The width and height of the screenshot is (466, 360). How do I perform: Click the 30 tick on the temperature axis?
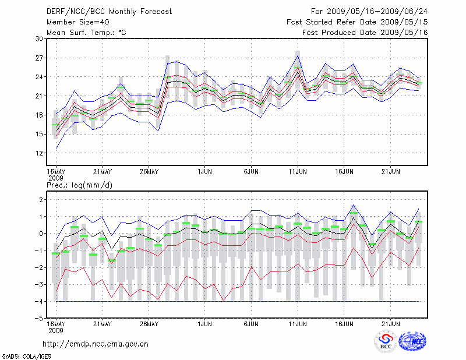click(40, 38)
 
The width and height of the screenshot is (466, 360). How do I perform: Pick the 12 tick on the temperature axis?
click(40, 153)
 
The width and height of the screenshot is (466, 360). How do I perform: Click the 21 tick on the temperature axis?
click(40, 96)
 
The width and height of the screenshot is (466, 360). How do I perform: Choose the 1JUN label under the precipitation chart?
click(204, 324)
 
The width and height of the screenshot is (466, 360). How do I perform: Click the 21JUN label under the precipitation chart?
click(391, 324)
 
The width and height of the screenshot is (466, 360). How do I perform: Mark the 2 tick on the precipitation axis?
click(41, 200)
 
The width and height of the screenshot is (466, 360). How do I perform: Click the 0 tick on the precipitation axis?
click(41, 234)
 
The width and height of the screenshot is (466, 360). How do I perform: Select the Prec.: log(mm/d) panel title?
click(79, 185)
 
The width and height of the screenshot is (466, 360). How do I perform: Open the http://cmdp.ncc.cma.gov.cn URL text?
click(96, 344)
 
